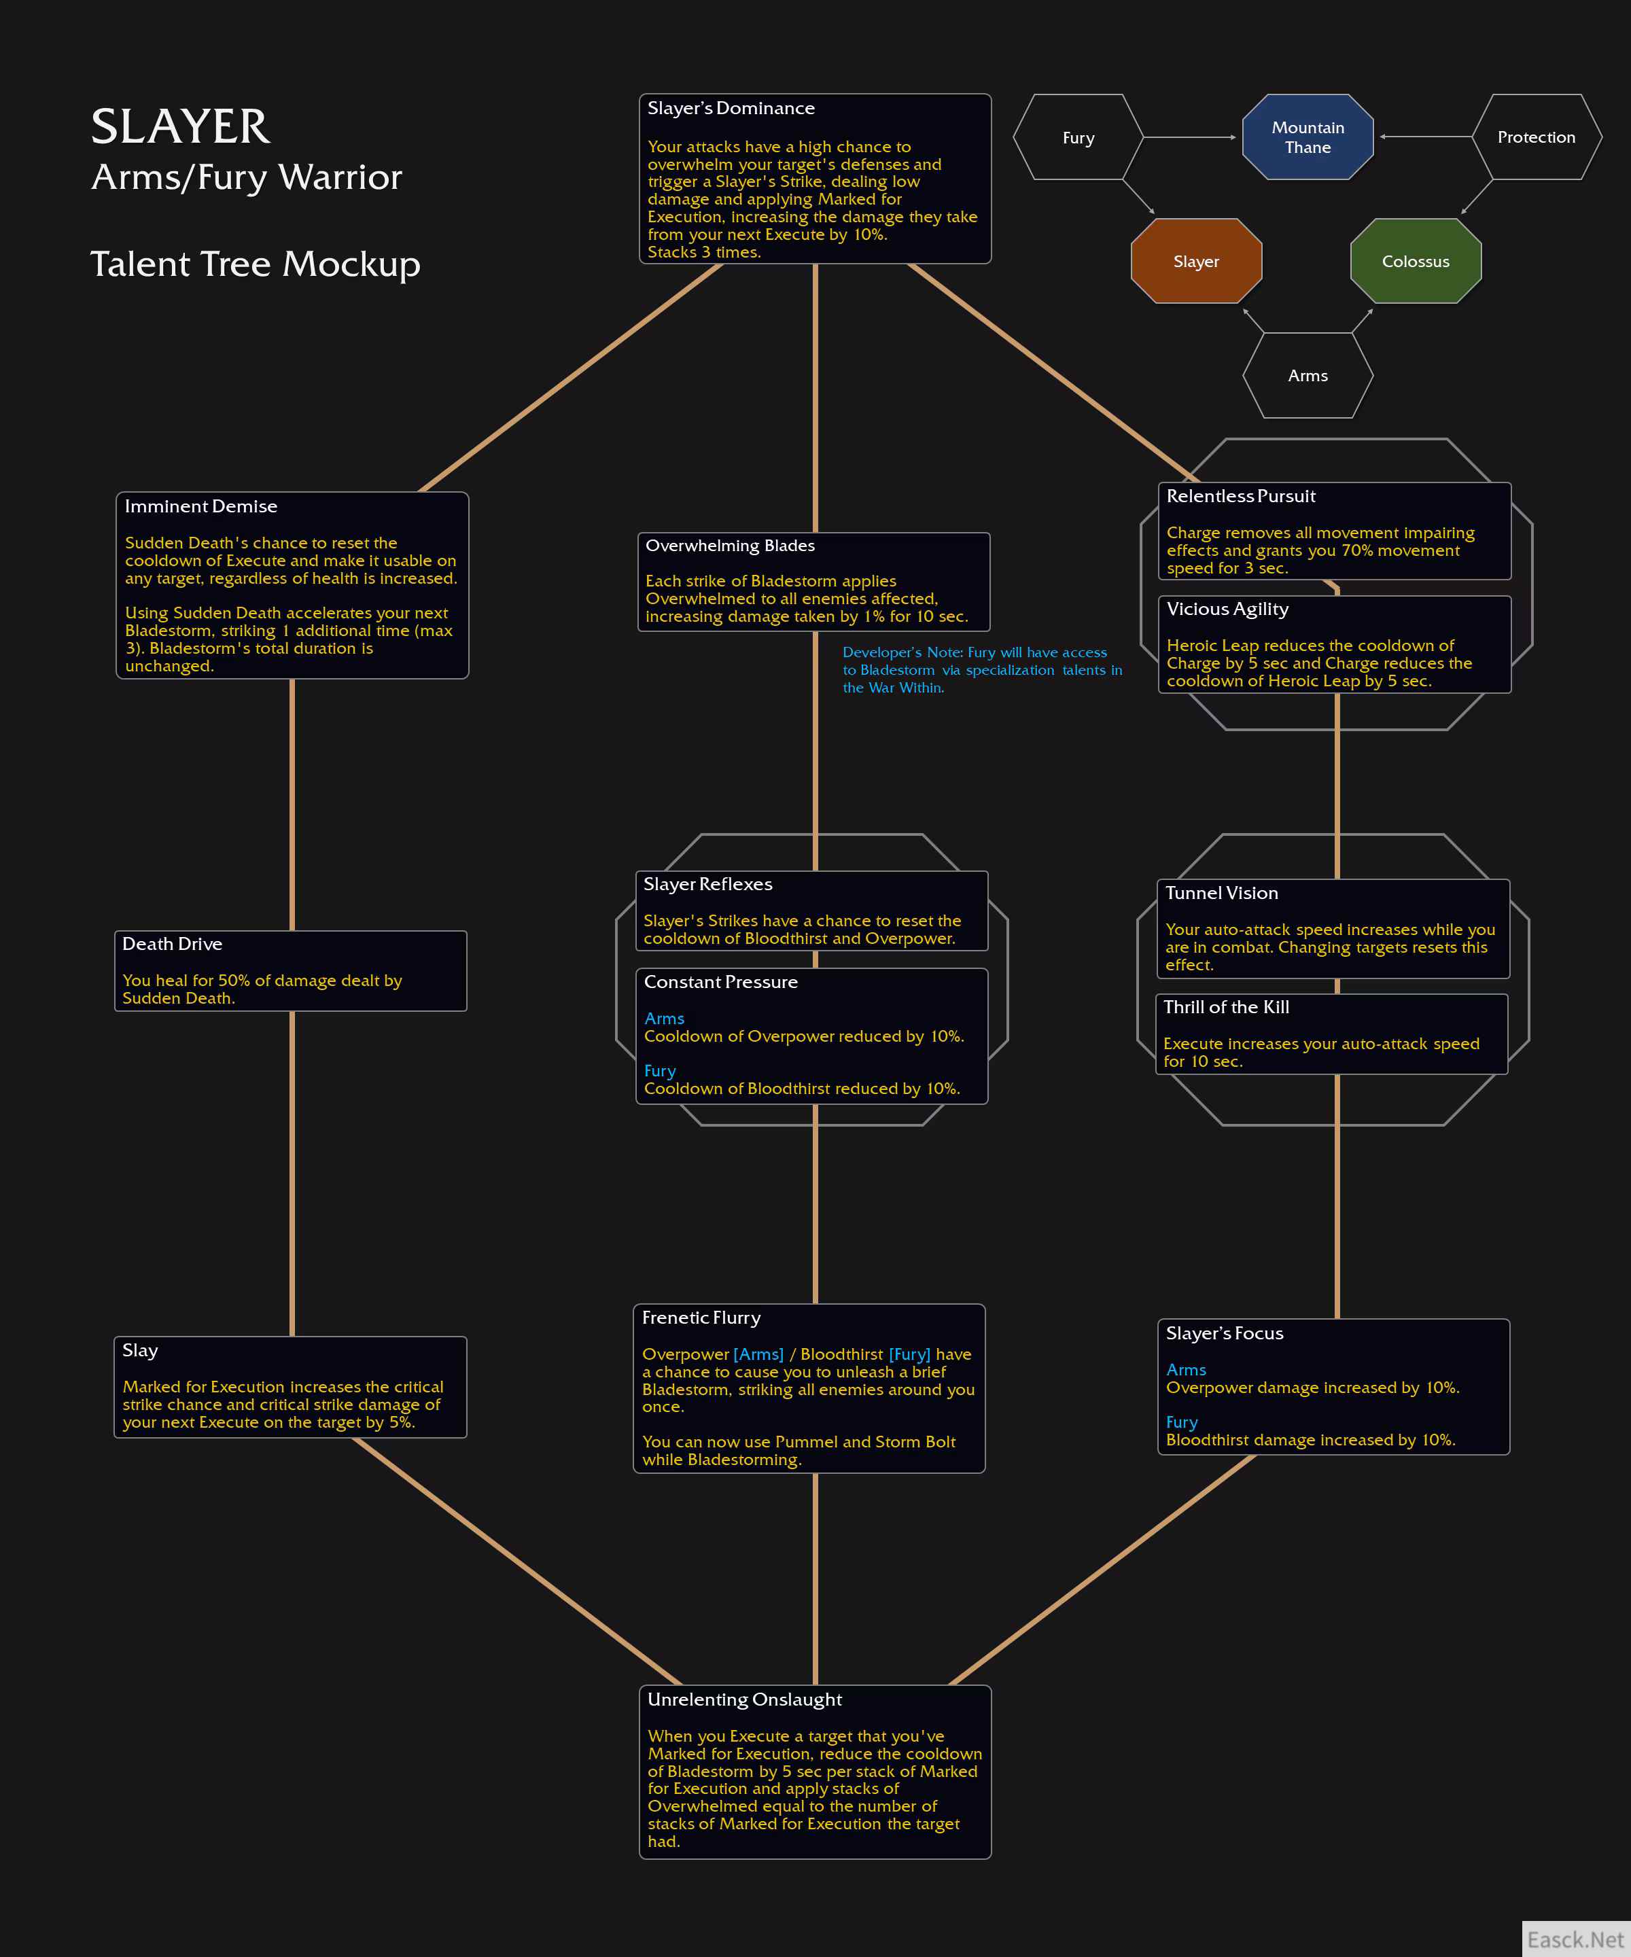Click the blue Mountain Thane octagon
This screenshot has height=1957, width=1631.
tap(1308, 137)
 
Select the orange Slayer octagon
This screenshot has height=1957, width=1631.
tap(1196, 261)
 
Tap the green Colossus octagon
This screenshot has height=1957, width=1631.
tap(1416, 261)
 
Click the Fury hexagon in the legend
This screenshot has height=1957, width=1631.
tap(1078, 137)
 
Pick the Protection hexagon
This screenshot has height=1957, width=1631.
tap(1536, 137)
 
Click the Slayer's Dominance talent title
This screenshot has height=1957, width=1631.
tap(731, 108)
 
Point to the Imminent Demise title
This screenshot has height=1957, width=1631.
tap(201, 506)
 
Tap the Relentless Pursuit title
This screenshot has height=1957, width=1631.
tap(1240, 496)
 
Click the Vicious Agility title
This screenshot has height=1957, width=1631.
tap(1227, 610)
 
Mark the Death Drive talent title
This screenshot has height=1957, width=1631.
tap(173, 944)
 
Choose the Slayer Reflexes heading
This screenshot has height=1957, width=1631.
tap(707, 884)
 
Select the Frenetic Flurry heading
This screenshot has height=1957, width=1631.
tap(701, 1318)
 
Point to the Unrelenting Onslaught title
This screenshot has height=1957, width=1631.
tap(745, 1699)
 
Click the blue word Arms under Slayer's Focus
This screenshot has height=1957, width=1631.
tap(1185, 1370)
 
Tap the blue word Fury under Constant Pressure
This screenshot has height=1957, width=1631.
tap(660, 1072)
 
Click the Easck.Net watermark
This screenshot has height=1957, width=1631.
tap(1575, 1939)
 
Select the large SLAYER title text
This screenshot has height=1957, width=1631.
tap(181, 127)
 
